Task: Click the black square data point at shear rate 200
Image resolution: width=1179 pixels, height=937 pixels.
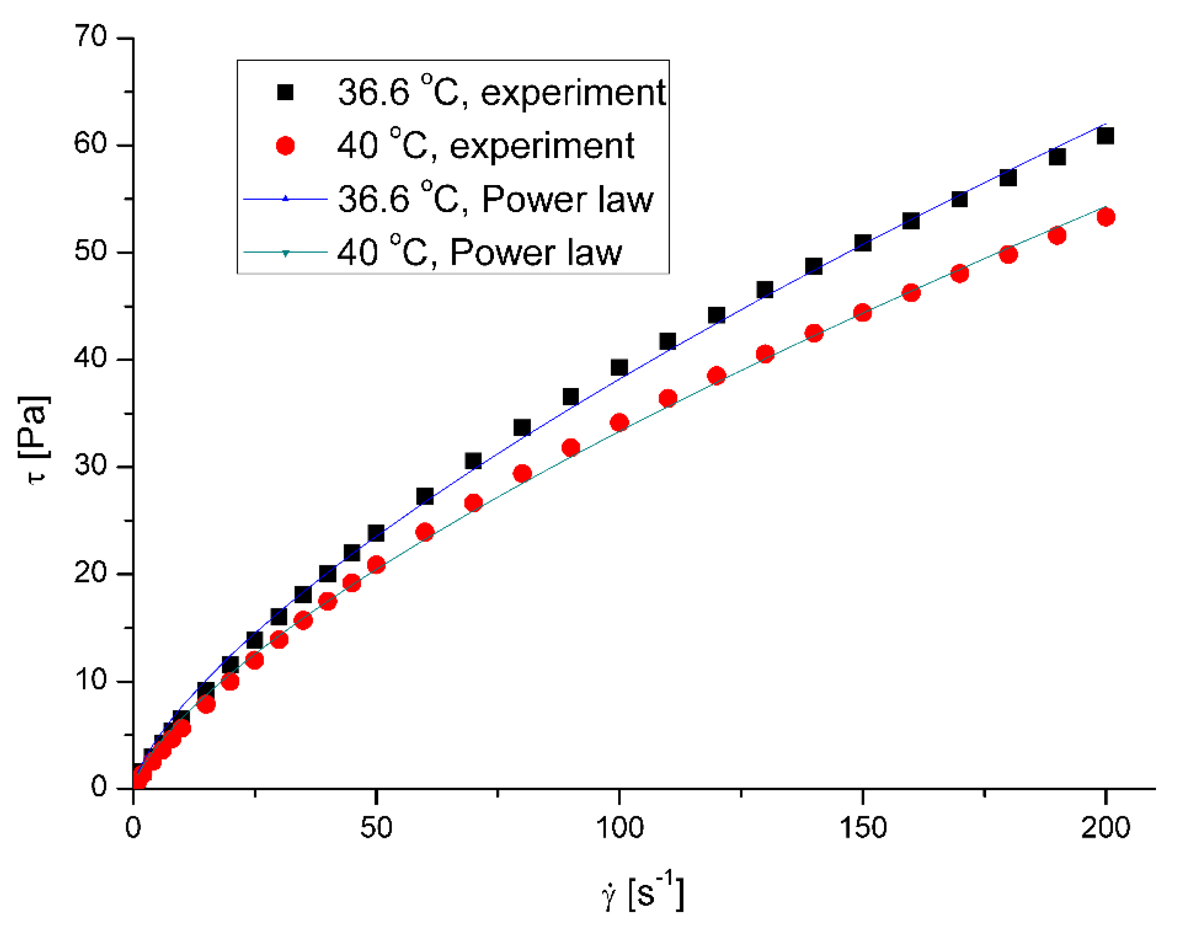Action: (x=1105, y=135)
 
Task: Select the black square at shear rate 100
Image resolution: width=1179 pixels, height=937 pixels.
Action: (x=619, y=368)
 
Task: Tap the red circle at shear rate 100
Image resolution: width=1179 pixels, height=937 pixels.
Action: (x=619, y=423)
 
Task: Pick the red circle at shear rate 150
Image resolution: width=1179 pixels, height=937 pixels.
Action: (x=863, y=313)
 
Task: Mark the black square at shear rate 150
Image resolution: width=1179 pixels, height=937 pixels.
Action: (x=863, y=243)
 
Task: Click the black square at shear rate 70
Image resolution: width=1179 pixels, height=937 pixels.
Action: (x=473, y=461)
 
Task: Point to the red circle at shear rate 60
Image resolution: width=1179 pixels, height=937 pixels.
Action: (x=425, y=532)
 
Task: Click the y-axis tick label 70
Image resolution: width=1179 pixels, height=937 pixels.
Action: (x=90, y=37)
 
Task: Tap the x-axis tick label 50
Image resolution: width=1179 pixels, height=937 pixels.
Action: (x=376, y=827)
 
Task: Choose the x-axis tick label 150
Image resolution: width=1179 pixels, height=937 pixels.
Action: (x=863, y=827)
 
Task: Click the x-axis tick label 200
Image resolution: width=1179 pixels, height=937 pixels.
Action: (x=1105, y=827)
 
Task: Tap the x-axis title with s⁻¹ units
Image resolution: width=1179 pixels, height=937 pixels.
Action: (x=643, y=893)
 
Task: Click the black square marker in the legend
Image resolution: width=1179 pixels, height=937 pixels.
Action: (x=285, y=92)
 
